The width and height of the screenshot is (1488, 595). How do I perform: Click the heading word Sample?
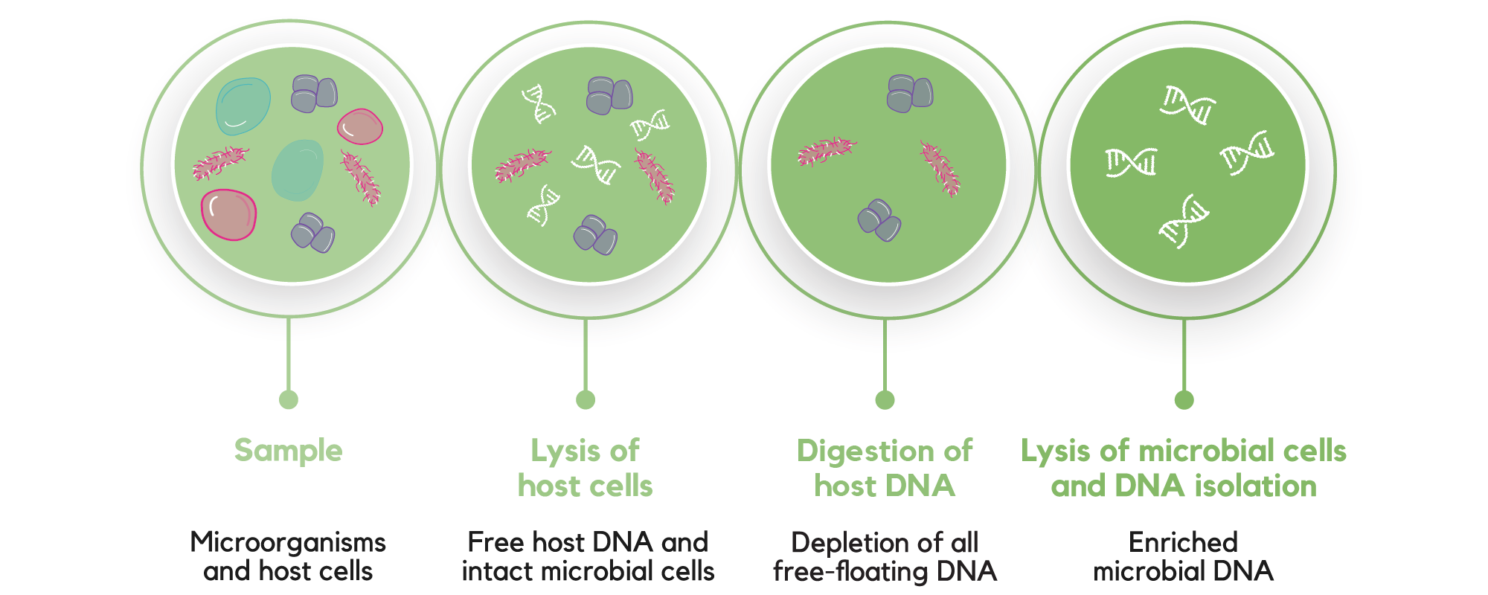click(x=288, y=451)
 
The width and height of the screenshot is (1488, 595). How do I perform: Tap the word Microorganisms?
click(x=288, y=542)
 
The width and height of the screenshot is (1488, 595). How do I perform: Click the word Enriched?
click(x=1183, y=542)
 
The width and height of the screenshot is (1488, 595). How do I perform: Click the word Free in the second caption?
click(x=489, y=542)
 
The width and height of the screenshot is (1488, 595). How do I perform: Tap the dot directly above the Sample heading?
click(x=289, y=399)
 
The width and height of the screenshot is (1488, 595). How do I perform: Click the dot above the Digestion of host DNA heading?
click(x=885, y=399)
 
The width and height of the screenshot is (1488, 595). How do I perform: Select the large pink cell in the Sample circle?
click(x=228, y=215)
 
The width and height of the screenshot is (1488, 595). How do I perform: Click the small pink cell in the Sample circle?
click(x=360, y=126)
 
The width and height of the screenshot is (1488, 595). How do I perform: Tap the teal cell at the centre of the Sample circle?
click(x=298, y=170)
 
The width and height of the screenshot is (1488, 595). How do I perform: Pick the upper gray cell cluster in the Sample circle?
click(x=313, y=94)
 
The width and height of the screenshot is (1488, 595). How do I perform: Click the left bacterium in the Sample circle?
click(x=220, y=164)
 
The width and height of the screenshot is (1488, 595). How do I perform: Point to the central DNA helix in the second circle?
click(x=596, y=164)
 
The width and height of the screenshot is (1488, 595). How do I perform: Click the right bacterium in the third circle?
click(x=940, y=168)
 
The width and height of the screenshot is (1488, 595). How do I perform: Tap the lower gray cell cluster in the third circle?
click(x=879, y=220)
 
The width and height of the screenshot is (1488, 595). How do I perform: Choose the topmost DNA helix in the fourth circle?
click(x=1187, y=105)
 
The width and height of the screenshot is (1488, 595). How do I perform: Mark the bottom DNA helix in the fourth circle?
click(x=1184, y=221)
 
